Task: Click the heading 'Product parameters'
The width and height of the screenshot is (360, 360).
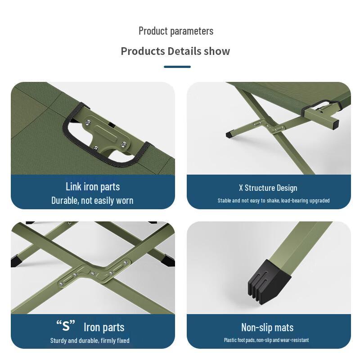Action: click(176, 31)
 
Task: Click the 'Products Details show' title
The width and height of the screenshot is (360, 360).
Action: click(175, 51)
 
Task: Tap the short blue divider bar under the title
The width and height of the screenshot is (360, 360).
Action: click(177, 67)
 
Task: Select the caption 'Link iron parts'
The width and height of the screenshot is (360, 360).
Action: click(93, 187)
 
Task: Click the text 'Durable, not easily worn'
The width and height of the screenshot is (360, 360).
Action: click(92, 200)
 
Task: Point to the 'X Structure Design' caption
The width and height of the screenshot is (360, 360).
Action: click(268, 188)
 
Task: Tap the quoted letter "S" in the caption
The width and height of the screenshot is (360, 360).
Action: click(66, 325)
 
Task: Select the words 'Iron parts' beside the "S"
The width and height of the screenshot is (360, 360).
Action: click(104, 327)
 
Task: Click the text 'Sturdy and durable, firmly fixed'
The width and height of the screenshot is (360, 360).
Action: click(90, 341)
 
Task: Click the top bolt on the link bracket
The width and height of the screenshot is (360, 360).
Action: click(89, 121)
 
